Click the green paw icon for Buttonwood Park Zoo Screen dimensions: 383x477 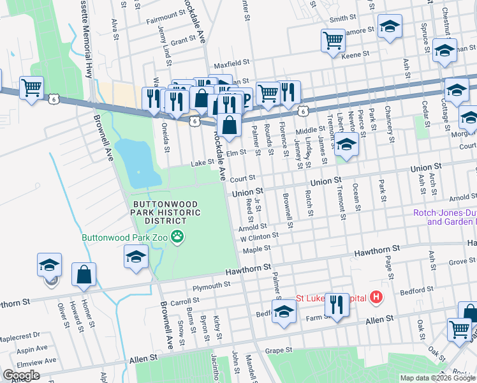pos(178,237)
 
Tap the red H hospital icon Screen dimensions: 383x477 pos(377,297)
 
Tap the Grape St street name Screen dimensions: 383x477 pos(278,350)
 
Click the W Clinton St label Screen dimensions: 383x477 pos(260,237)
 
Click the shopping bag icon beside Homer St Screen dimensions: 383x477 pos(84,275)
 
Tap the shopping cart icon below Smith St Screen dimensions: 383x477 pos(333,41)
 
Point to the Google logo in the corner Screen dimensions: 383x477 pos(21,375)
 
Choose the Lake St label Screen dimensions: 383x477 pos(203,163)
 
